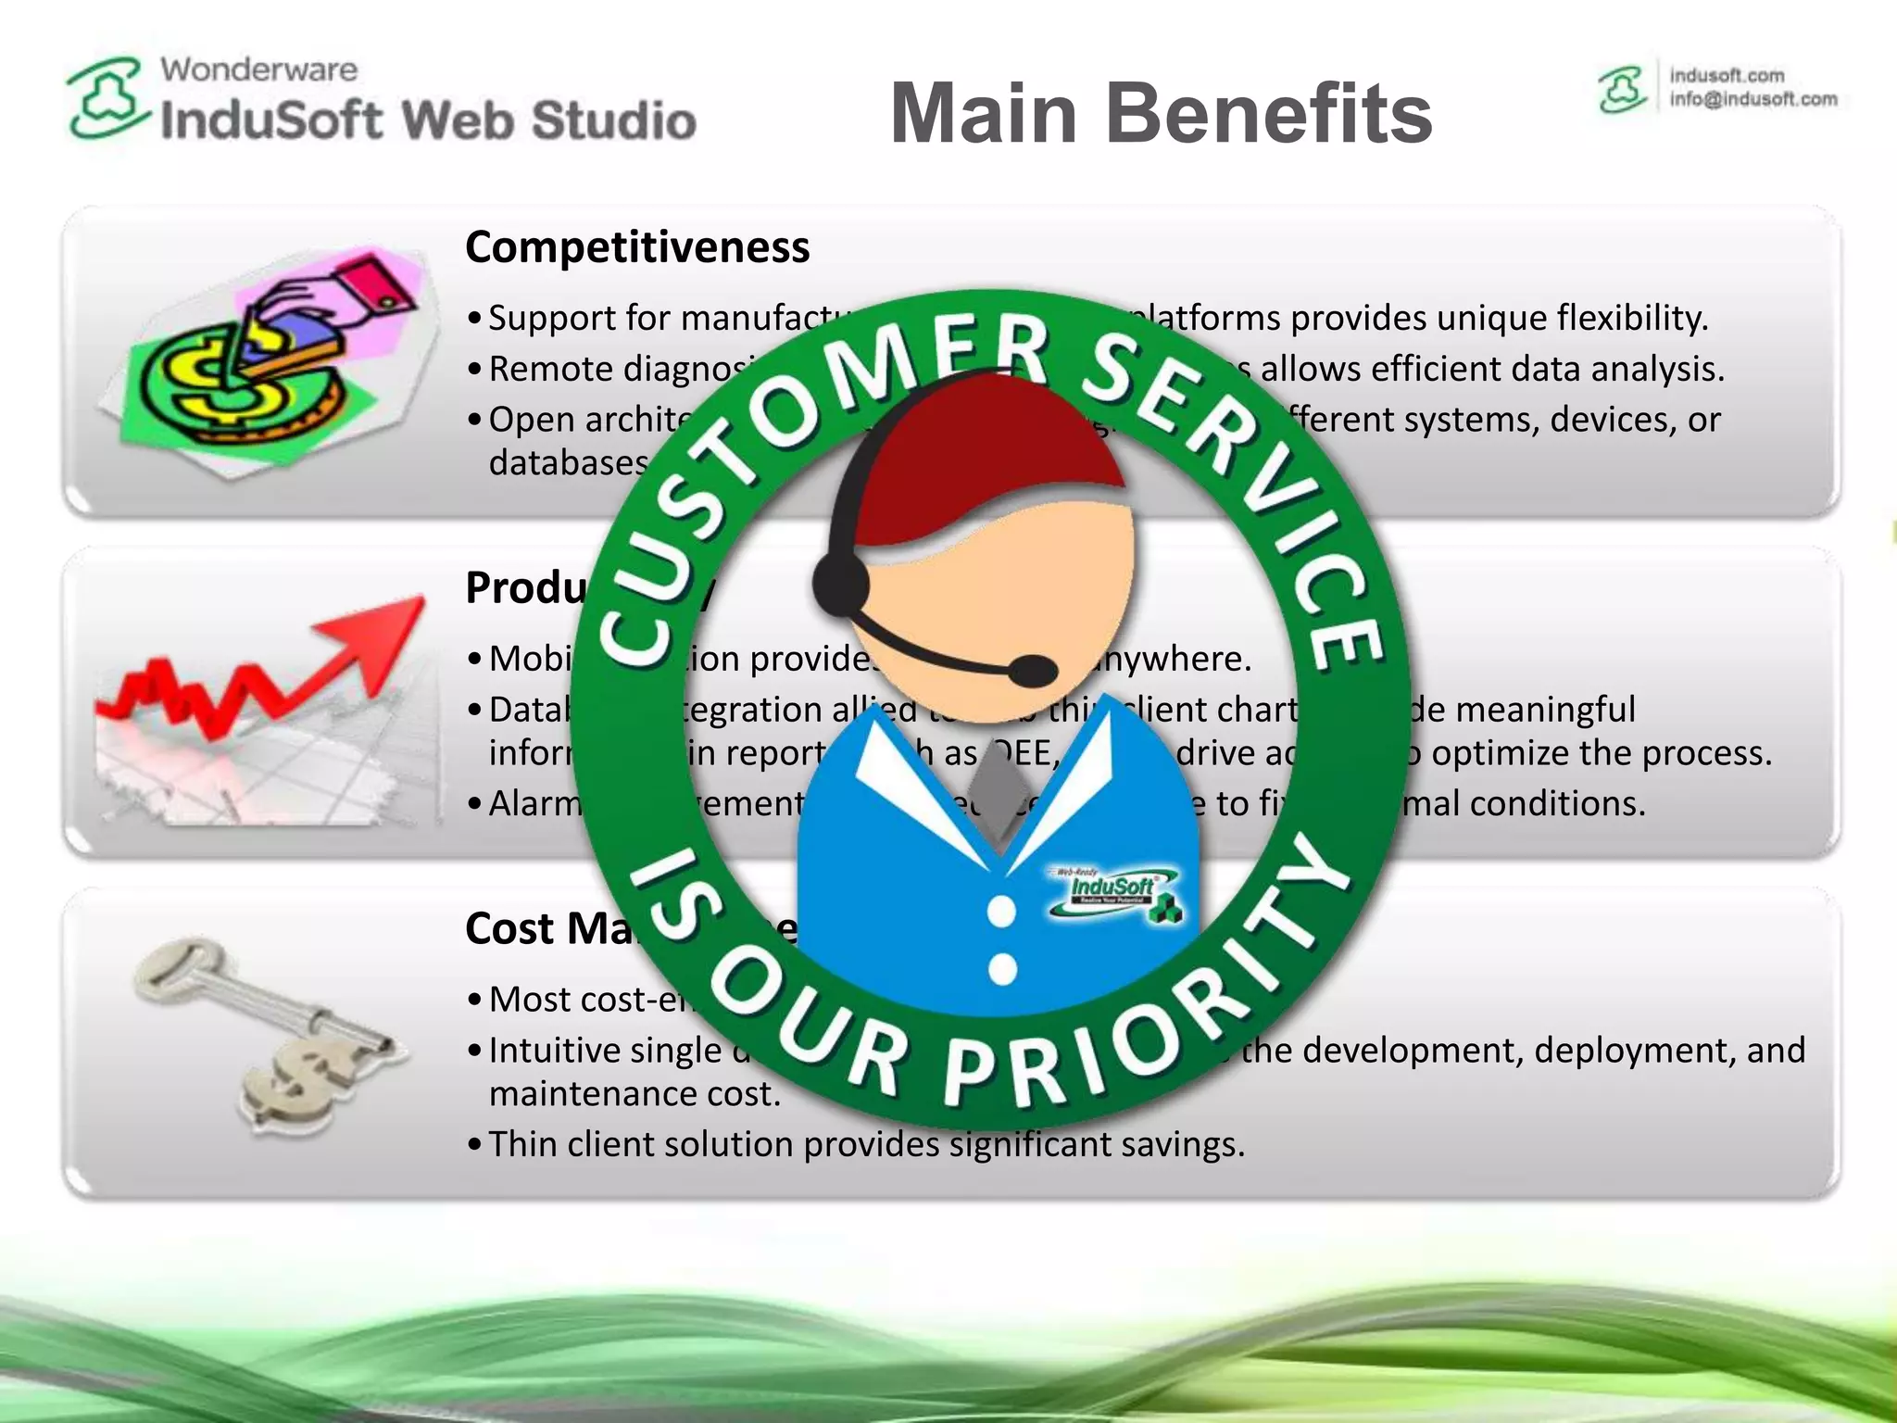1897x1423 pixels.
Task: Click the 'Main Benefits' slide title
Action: click(1161, 113)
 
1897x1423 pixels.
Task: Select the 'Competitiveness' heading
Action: click(637, 247)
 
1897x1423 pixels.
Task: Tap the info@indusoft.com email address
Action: click(1753, 99)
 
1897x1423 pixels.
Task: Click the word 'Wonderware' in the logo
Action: click(258, 69)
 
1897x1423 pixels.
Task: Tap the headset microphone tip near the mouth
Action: click(1031, 670)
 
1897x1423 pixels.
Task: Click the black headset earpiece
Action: click(841, 584)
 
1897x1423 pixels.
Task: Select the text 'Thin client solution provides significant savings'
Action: click(866, 1144)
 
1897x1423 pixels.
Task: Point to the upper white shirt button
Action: click(1001, 912)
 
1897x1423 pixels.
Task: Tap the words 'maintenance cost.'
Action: click(634, 1094)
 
